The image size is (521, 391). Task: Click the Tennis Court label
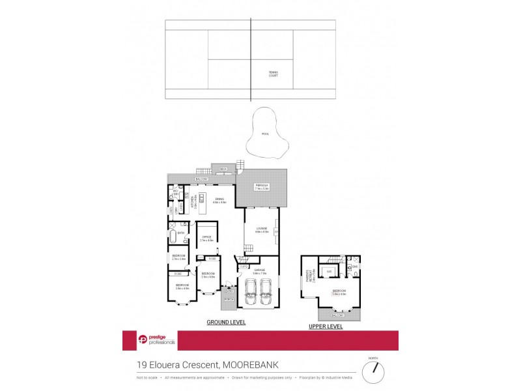273,74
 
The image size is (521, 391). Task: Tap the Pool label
265,134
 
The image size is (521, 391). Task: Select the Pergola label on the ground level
262,188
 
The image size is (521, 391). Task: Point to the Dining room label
219,201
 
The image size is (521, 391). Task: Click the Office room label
206,238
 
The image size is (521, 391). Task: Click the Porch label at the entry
229,299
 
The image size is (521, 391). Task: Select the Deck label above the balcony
223,169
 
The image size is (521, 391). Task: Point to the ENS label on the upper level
355,266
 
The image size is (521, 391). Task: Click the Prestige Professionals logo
148,340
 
